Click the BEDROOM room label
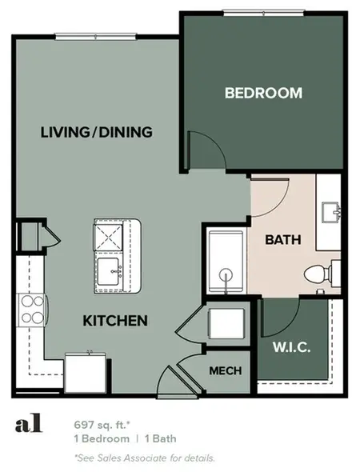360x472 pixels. click(263, 93)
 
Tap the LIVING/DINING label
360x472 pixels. click(96, 132)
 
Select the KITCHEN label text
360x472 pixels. click(115, 321)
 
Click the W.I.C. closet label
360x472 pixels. click(292, 349)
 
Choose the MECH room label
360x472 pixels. click(225, 371)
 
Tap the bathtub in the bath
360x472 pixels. click(227, 262)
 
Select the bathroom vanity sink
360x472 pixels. click(331, 213)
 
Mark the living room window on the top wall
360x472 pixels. click(86, 35)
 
